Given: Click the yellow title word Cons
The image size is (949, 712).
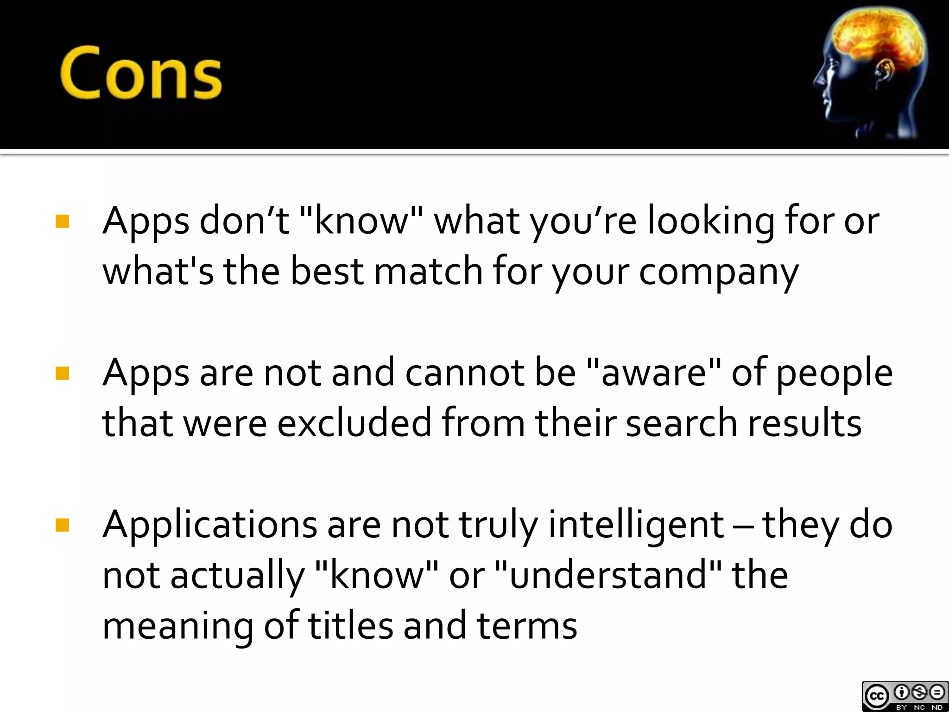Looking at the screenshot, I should coord(141,73).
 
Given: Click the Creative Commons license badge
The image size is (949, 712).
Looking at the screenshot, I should coord(905,696).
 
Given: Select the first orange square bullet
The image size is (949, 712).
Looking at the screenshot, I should coord(62,221).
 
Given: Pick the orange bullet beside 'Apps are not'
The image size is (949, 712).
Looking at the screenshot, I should coord(62,373).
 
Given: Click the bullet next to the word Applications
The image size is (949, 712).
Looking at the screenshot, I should coord(62,525).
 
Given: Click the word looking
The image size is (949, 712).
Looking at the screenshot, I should coord(710,222).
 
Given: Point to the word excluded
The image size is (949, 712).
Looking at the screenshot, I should coord(354,423).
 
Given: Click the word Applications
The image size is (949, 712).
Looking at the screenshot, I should coord(209,526).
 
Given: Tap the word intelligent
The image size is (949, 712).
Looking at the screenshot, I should coord(636,526).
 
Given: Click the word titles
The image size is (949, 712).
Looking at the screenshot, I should coord(350,626).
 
